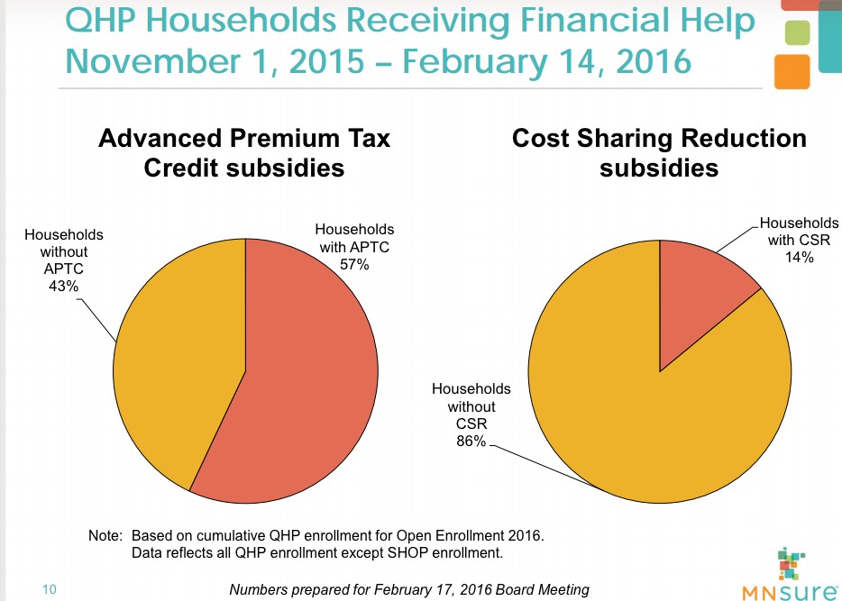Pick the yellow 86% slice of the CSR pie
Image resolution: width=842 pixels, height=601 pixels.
(x=631, y=423)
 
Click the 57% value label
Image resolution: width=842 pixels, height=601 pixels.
(x=354, y=266)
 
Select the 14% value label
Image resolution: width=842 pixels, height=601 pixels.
(x=799, y=257)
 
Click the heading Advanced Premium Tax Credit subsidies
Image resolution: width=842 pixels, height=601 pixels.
(x=244, y=152)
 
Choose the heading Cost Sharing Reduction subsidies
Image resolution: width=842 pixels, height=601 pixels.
(x=659, y=152)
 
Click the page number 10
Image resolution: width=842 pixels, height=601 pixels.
(x=49, y=589)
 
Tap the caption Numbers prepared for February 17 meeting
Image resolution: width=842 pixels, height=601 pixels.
(x=409, y=589)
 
